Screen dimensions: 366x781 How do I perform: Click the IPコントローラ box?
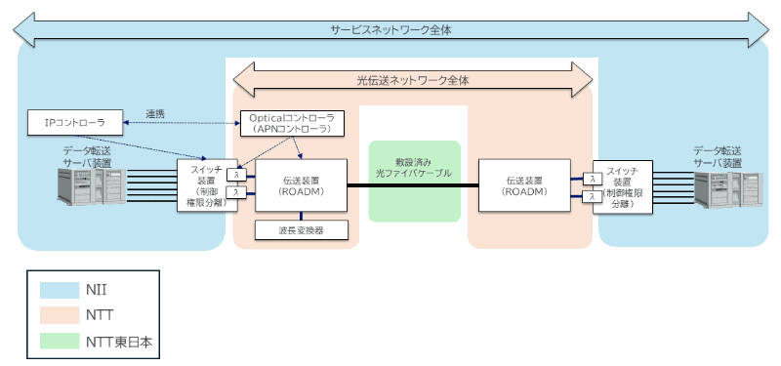pyautogui.click(x=74, y=122)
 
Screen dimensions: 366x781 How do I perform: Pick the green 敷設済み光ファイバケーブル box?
pyautogui.click(x=414, y=180)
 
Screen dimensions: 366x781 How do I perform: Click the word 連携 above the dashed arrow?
pyautogui.click(x=156, y=114)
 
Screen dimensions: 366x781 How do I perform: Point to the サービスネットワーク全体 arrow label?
pyautogui.click(x=390, y=29)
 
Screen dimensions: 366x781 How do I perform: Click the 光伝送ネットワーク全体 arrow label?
pyautogui.click(x=412, y=82)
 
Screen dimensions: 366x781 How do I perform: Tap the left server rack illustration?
pyautogui.click(x=87, y=189)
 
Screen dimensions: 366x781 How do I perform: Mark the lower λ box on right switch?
pyautogui.click(x=592, y=196)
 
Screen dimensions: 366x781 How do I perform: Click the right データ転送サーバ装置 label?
pyautogui.click(x=721, y=156)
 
